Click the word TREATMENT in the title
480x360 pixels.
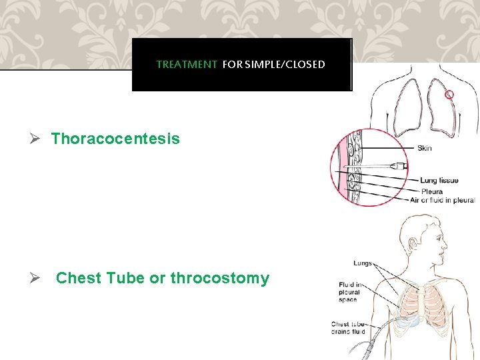pos(187,65)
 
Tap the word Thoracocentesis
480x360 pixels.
pos(115,139)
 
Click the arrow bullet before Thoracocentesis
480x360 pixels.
pos(39,139)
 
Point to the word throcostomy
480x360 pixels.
pos(220,278)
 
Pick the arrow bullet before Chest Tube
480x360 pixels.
pos(39,278)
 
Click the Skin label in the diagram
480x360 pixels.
pos(424,148)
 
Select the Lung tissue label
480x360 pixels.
pos(439,181)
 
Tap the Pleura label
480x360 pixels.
pos(431,191)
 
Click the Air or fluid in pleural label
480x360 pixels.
pos(443,200)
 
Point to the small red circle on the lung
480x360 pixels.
pos(449,95)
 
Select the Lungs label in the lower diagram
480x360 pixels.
pos(363,263)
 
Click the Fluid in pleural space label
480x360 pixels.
pos(349,292)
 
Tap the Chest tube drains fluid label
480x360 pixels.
pos(349,328)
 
